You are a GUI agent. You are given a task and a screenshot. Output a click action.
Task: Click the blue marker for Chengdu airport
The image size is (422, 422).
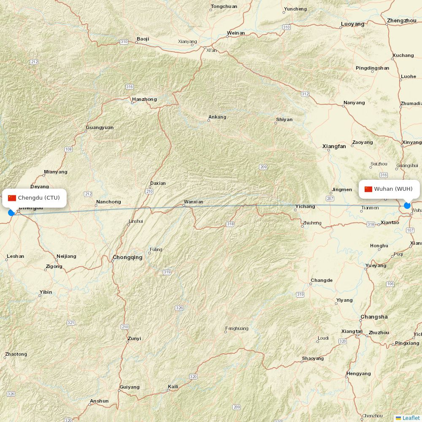[x=11, y=213]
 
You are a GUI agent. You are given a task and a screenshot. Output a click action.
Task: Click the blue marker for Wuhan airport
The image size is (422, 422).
[x=407, y=206]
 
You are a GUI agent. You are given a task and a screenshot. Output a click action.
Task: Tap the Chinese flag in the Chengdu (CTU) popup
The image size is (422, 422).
[x=12, y=198]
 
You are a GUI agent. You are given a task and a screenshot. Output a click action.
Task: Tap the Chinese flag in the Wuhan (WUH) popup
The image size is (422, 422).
[x=368, y=189]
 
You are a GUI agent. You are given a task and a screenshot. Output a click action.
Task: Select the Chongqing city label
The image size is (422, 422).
[x=127, y=257]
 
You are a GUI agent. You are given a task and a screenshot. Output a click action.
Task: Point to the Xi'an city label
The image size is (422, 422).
[x=211, y=50]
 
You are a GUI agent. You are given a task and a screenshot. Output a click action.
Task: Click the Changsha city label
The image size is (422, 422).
[x=374, y=317]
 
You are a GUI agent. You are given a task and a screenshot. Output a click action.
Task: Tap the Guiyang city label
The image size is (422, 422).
[x=130, y=387]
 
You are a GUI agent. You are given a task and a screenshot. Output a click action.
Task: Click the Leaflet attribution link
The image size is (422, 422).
[x=411, y=418]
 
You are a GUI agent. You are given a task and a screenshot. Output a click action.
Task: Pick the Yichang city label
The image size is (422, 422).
[x=305, y=206]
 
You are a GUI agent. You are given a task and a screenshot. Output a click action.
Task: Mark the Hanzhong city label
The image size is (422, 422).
[x=144, y=100]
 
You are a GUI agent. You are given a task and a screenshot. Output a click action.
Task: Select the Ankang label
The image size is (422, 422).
[x=217, y=117]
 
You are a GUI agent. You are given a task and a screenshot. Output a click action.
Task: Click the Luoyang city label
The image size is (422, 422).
[x=353, y=24]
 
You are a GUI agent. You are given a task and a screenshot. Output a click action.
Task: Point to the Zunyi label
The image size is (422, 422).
[x=134, y=338]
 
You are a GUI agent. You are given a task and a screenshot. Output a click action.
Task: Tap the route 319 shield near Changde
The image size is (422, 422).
[x=300, y=295]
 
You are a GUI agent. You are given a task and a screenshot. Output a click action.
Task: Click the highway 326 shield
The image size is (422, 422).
[x=179, y=308]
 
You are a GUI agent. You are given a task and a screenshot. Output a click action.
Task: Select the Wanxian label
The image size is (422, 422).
[x=193, y=202]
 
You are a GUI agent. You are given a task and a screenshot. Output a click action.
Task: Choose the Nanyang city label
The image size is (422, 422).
[x=354, y=103]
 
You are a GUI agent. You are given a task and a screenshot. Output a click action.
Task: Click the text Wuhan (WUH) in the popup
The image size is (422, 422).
[x=393, y=189]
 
